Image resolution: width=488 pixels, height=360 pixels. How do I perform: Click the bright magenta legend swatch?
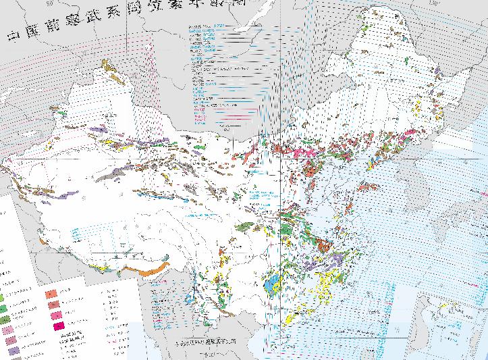(51, 328)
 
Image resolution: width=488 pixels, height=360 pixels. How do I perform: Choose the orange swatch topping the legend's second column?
(51, 294)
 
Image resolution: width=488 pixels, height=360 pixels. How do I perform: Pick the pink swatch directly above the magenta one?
(51, 317)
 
